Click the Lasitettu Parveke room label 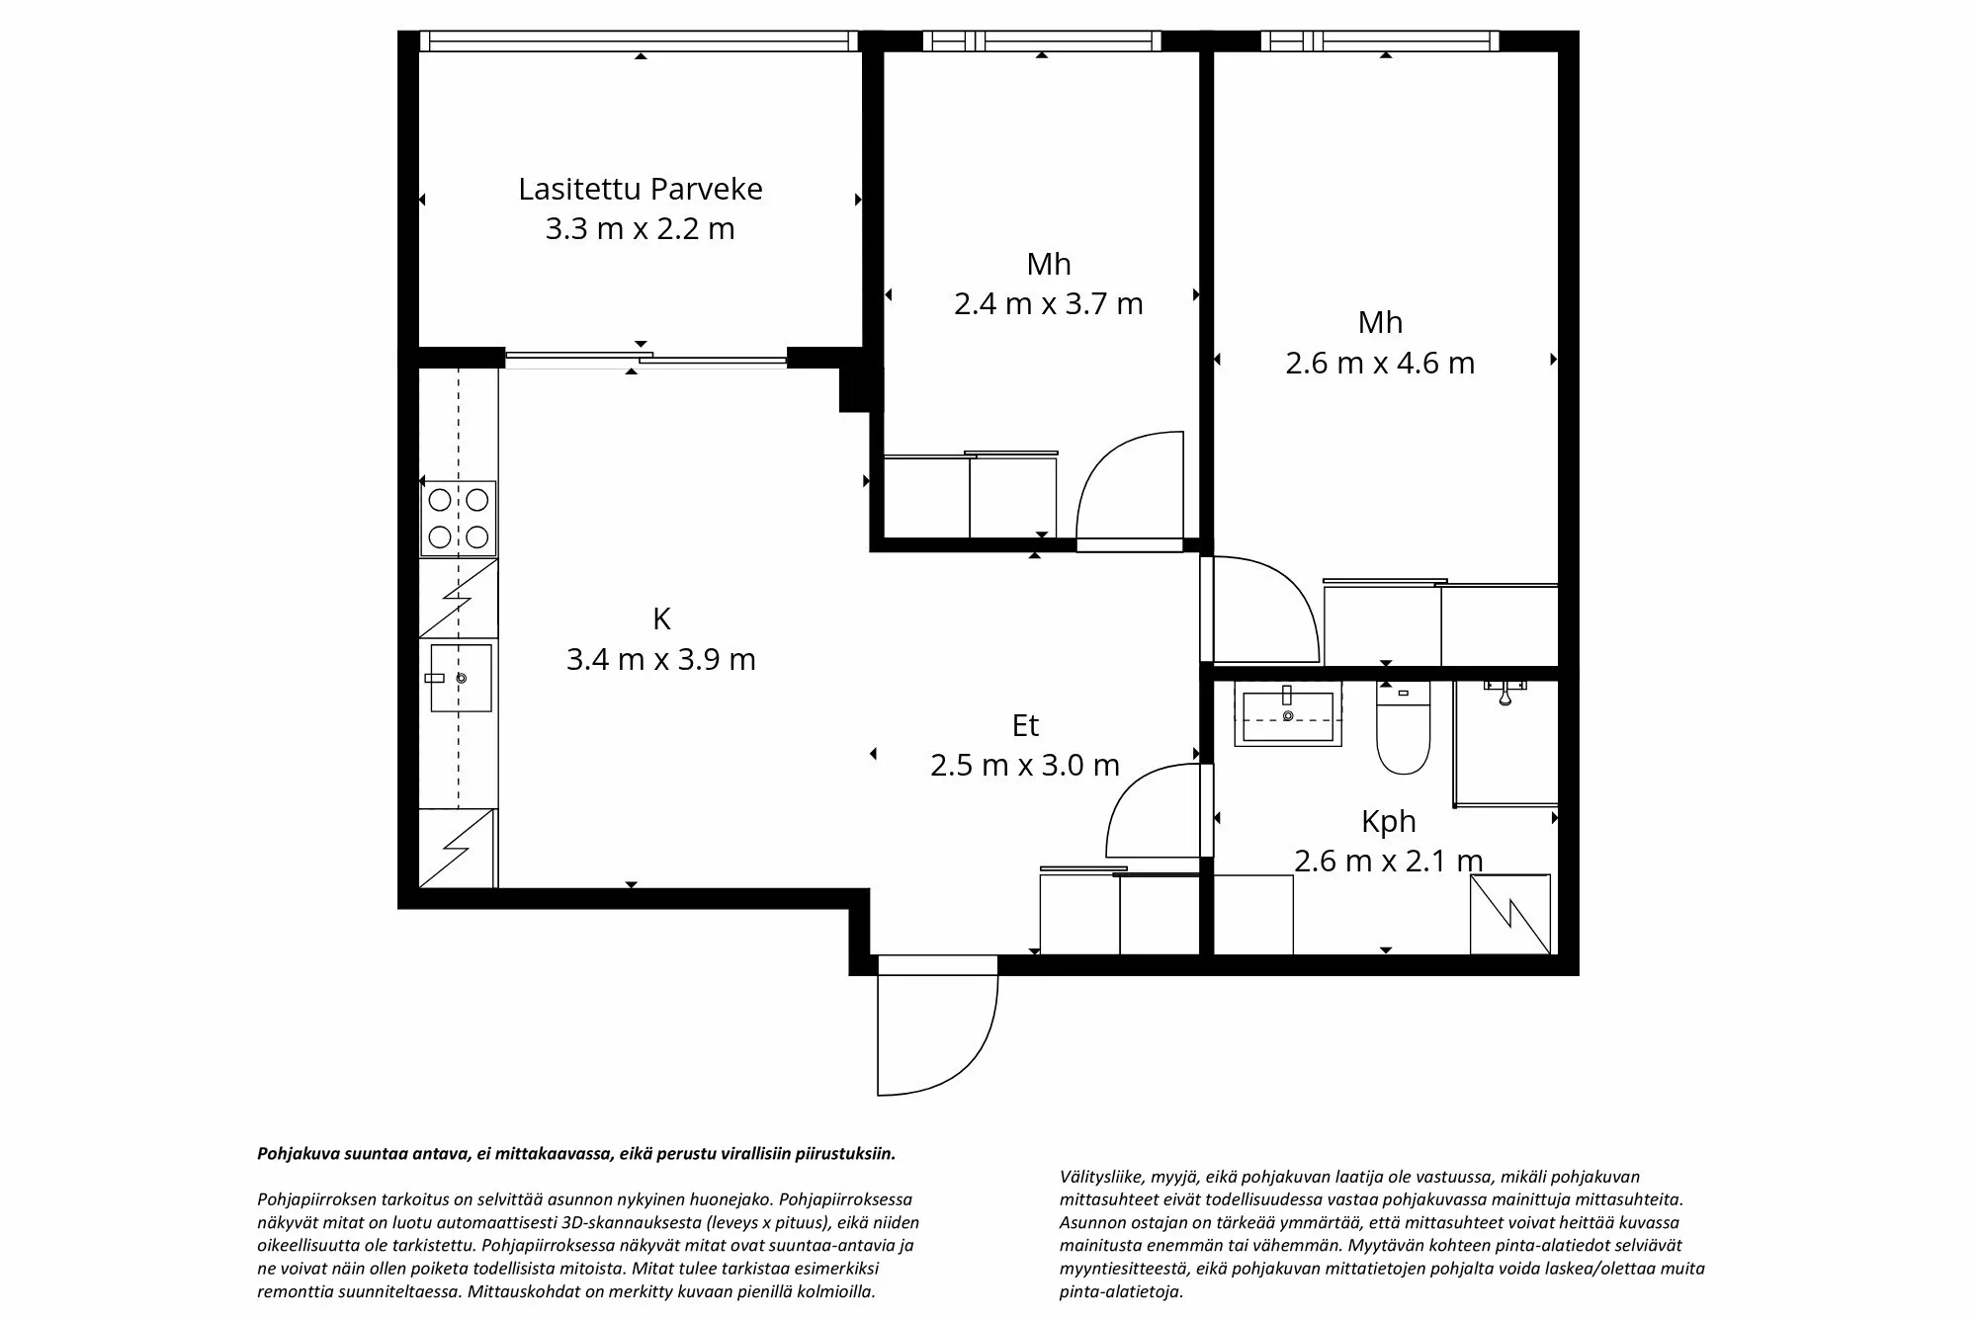[x=641, y=189]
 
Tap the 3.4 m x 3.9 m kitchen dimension [x=660, y=659]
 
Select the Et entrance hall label [x=1025, y=726]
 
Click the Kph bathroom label [x=1388, y=821]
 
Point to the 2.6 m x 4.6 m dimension [x=1380, y=364]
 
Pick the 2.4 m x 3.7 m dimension [x=1048, y=303]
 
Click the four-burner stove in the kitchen [x=458, y=519]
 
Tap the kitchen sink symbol [x=461, y=678]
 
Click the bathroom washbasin [x=1287, y=714]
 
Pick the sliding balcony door [x=645, y=359]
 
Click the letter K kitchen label [x=661, y=619]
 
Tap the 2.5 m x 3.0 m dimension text [x=1025, y=766]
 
